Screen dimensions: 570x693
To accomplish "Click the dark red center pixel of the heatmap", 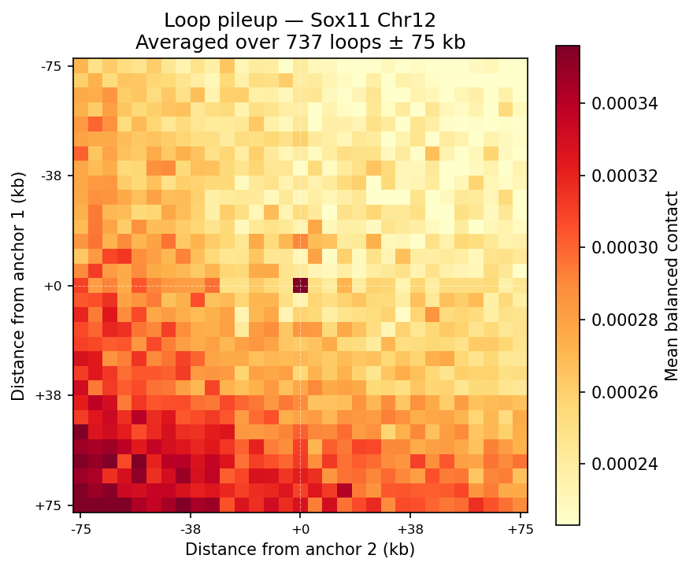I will click(300, 285).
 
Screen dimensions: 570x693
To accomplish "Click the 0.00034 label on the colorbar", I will click(625, 103).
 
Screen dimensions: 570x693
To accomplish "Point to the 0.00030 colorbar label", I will click(625, 247).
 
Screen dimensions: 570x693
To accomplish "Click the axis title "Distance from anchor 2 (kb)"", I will click(300, 549).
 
